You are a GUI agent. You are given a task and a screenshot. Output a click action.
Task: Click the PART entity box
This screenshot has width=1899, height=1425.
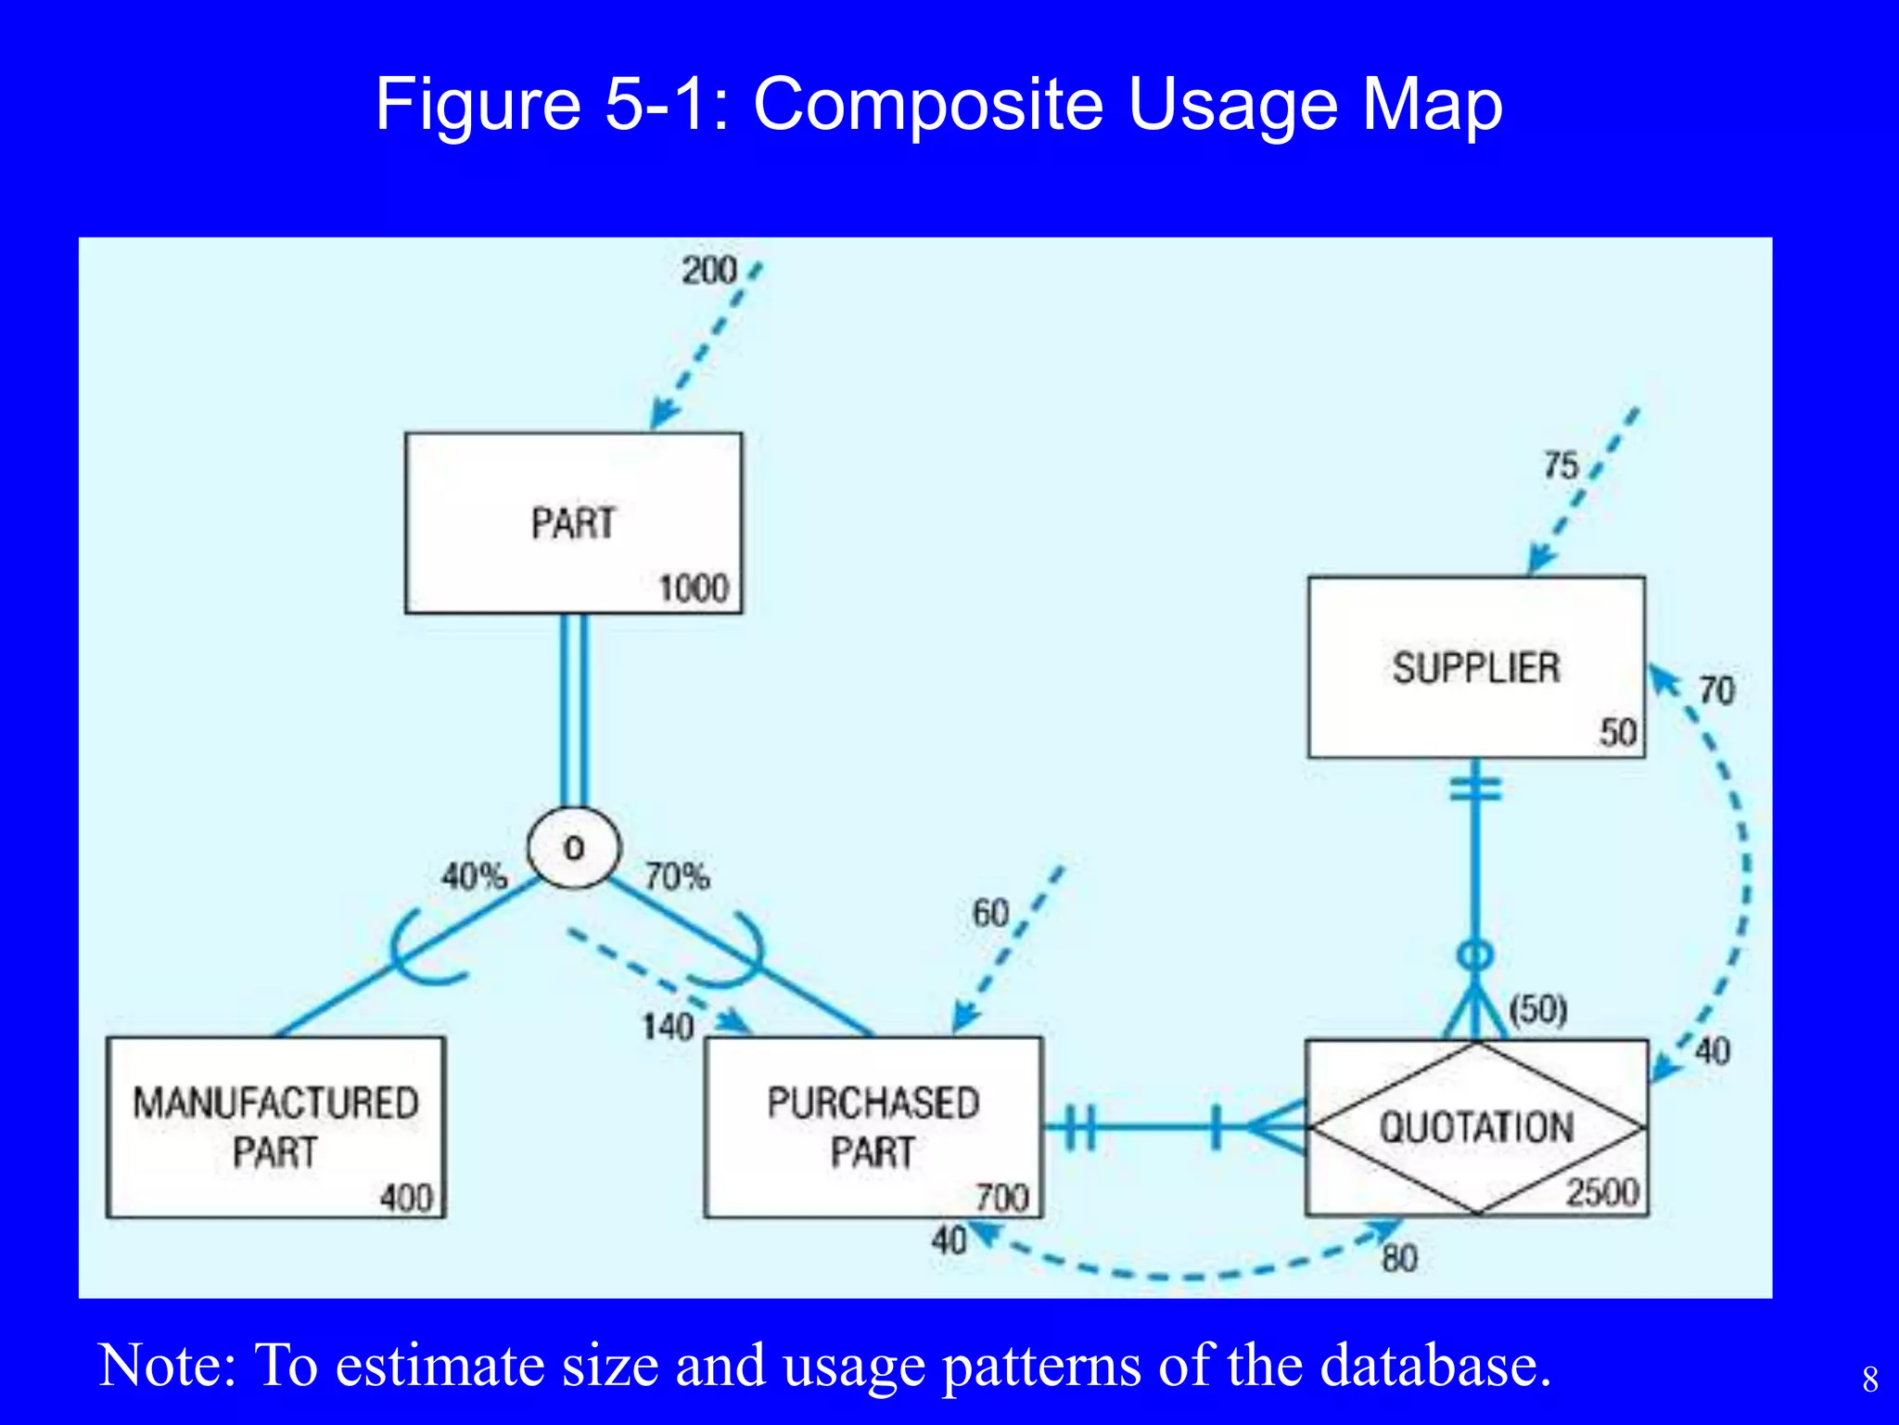point(573,523)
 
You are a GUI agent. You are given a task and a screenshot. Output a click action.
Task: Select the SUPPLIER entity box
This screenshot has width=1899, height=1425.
point(1476,667)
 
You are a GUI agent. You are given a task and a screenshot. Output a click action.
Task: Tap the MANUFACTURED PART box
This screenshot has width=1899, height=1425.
point(275,1126)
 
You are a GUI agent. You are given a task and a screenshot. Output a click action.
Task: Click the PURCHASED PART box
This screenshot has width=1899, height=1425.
point(873,1126)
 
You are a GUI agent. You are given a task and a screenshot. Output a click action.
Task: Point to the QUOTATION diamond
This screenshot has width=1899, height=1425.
point(1476,1127)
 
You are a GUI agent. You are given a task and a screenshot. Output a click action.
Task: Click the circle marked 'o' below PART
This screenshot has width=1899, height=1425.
point(573,848)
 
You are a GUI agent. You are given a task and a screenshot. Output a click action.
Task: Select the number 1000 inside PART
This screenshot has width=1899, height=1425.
point(693,589)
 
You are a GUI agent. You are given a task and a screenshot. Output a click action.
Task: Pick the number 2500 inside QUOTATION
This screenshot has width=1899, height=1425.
point(1602,1192)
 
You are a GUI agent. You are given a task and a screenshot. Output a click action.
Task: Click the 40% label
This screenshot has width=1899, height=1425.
point(474,876)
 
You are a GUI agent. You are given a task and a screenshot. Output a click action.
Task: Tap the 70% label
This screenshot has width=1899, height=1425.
point(677,876)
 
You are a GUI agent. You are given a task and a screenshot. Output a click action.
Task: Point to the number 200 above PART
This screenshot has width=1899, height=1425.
point(708,271)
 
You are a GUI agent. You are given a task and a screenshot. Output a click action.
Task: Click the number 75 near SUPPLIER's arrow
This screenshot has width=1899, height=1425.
point(1561,466)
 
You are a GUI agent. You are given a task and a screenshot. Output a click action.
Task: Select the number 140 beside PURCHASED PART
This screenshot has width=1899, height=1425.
point(668,1027)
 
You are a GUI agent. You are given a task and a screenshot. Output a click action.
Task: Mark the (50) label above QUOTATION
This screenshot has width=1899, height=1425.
point(1537,1008)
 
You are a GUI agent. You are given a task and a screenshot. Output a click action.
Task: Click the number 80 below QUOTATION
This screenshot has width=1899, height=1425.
point(1399,1259)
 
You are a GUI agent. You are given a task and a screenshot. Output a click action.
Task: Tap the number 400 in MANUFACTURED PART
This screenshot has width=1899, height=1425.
point(406,1198)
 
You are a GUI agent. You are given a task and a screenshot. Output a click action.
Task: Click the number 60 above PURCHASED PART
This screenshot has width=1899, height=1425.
point(989,914)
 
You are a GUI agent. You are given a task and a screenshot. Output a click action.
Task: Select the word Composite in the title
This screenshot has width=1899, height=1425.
point(927,104)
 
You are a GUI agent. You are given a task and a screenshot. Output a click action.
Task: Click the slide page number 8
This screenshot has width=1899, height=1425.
point(1870,1380)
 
